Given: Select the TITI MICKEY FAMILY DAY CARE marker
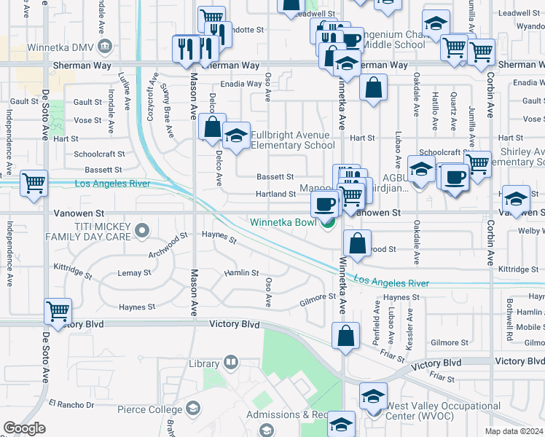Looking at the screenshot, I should coord(142,232).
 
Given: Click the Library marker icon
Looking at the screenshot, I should coord(231,361).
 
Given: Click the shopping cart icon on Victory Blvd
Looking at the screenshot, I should coord(58,312).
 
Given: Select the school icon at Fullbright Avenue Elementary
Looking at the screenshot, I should coord(236,137).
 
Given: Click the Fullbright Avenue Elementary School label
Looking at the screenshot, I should coord(293,140).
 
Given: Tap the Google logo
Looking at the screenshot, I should coord(25,429).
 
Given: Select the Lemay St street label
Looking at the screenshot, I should coord(134,273).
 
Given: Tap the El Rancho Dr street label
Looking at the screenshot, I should coord(71,403).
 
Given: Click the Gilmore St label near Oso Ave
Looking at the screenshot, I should coord(317,297).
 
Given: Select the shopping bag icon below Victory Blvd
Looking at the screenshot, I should coord(345,336).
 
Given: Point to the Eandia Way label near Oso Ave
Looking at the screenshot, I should coord(241,84).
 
